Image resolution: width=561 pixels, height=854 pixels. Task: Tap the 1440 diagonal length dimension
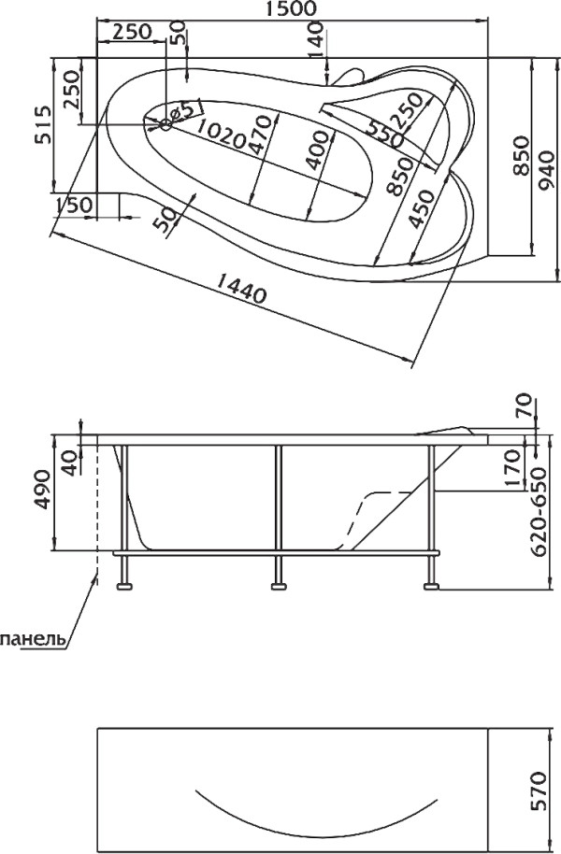point(241,287)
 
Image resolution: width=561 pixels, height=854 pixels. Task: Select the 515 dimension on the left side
point(43,123)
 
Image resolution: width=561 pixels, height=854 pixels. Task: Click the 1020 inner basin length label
point(220,134)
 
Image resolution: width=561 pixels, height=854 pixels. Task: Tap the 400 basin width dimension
point(317,149)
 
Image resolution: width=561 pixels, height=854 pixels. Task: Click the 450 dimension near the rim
point(422,208)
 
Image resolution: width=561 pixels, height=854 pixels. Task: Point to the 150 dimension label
point(74,206)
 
